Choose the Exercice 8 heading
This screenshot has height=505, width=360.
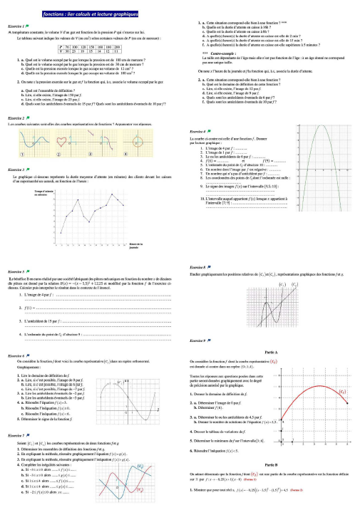(x=197, y=266)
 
